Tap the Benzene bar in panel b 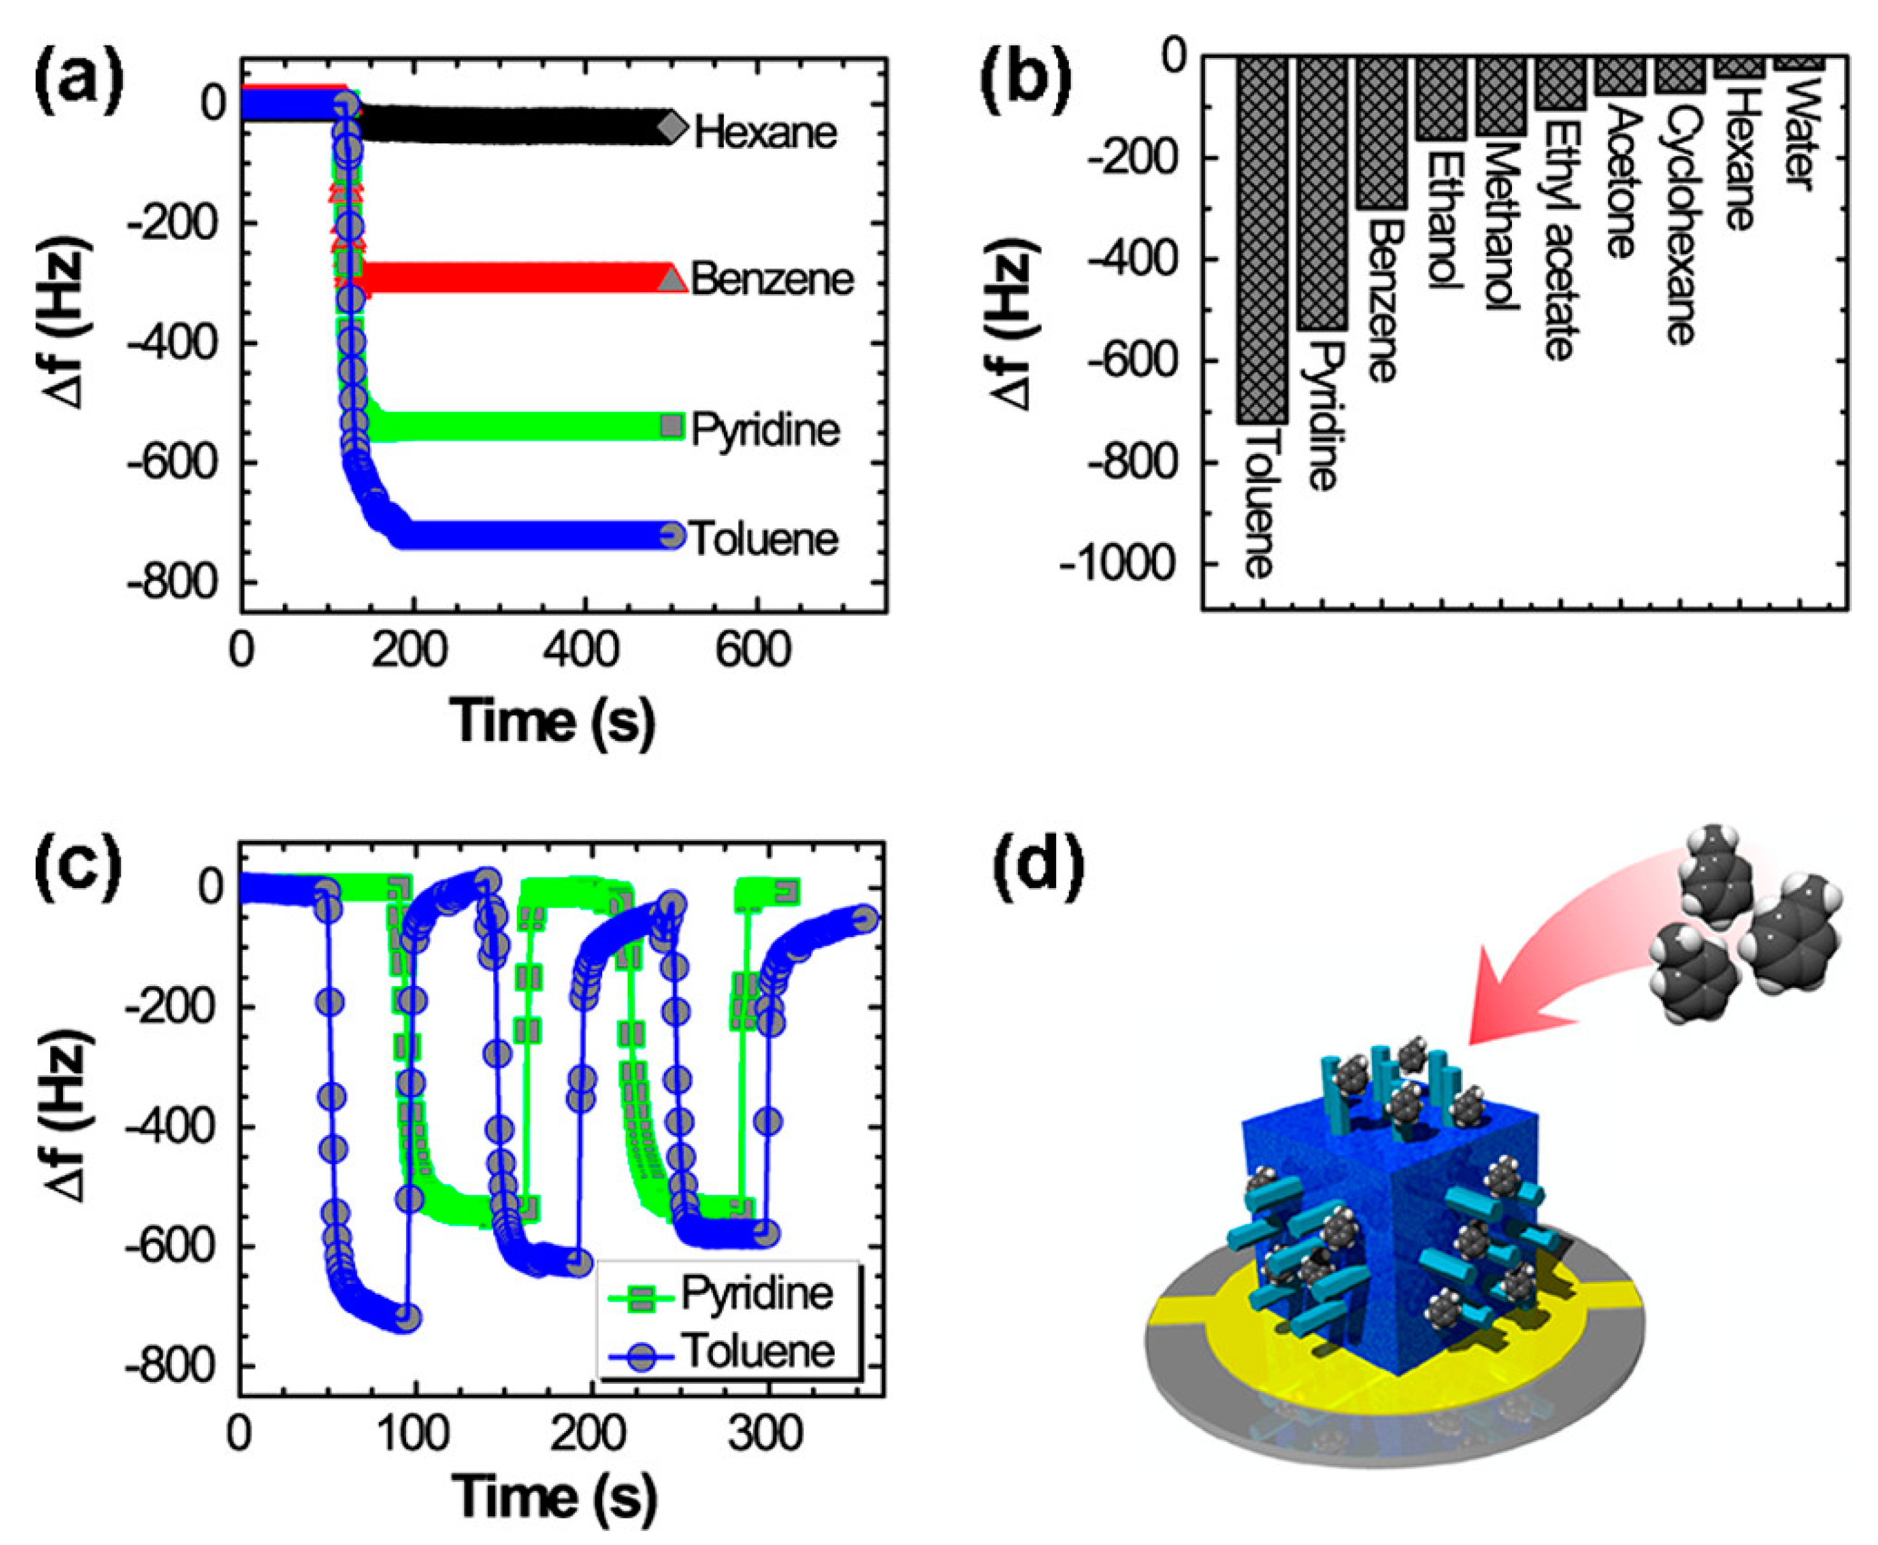[x=1381, y=134]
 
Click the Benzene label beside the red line [x=772, y=279]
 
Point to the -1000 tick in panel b [x=1123, y=564]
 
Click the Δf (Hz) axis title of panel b [x=1012, y=324]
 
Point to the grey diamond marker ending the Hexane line [x=673, y=127]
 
